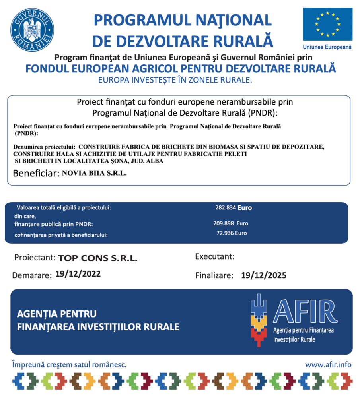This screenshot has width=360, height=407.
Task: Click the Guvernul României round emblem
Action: coord(32,30)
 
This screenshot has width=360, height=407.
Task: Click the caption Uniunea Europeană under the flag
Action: coord(327,47)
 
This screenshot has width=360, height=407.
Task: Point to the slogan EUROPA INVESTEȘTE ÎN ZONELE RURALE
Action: coord(175,80)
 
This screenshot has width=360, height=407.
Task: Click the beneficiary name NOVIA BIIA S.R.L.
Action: coord(94,173)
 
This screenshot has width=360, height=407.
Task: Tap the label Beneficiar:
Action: coord(36,174)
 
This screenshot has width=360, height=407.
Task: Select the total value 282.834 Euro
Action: coord(234,207)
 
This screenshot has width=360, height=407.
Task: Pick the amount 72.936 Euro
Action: coord(231,233)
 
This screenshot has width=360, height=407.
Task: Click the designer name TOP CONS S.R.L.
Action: coord(98,258)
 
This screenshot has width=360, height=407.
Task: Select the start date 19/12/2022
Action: coord(78,274)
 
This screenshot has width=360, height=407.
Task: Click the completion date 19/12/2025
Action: coord(264,275)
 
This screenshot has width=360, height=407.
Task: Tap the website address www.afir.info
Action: coord(329,364)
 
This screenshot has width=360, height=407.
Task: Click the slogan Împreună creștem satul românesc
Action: coord(69,364)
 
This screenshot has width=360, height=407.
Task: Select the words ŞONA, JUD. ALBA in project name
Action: coord(132,161)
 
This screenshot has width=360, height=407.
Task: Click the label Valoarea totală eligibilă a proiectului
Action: coord(64,208)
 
